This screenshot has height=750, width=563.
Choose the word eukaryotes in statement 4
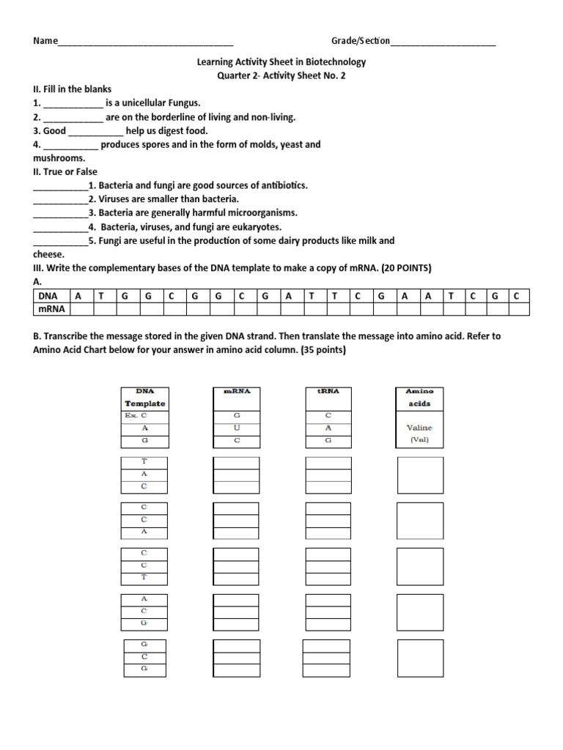[x=254, y=227]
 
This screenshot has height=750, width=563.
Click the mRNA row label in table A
[x=51, y=309]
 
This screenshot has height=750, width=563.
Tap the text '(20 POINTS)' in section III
[x=407, y=268]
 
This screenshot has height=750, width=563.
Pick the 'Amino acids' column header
[x=419, y=398]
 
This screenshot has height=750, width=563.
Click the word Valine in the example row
[x=419, y=427]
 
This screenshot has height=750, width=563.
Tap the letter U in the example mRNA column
[x=236, y=427]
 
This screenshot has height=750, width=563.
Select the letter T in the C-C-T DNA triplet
[x=144, y=577]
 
